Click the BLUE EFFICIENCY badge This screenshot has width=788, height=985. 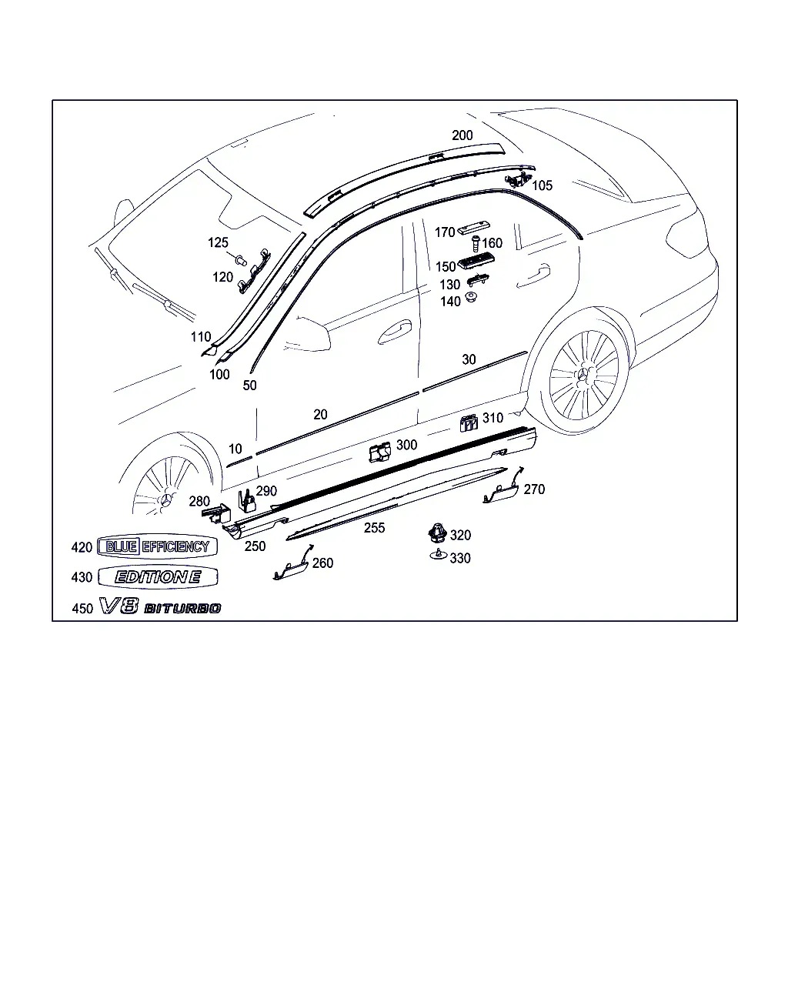(x=157, y=546)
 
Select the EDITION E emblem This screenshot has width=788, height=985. (x=158, y=576)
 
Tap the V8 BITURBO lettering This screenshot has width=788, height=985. (x=160, y=607)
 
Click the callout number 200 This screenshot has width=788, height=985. (x=462, y=135)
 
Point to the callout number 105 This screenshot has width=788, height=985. (x=542, y=185)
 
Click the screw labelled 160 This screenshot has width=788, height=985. (x=476, y=242)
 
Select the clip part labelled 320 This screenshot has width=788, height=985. (x=438, y=532)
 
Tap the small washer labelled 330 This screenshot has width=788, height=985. (x=438, y=555)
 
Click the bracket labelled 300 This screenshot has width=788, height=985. (x=379, y=452)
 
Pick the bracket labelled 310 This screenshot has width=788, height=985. (x=469, y=423)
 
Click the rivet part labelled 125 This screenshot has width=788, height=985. (x=242, y=260)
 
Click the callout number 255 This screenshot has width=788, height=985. (x=374, y=528)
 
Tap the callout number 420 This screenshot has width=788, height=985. (x=82, y=547)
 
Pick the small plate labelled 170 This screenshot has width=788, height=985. (x=473, y=228)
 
